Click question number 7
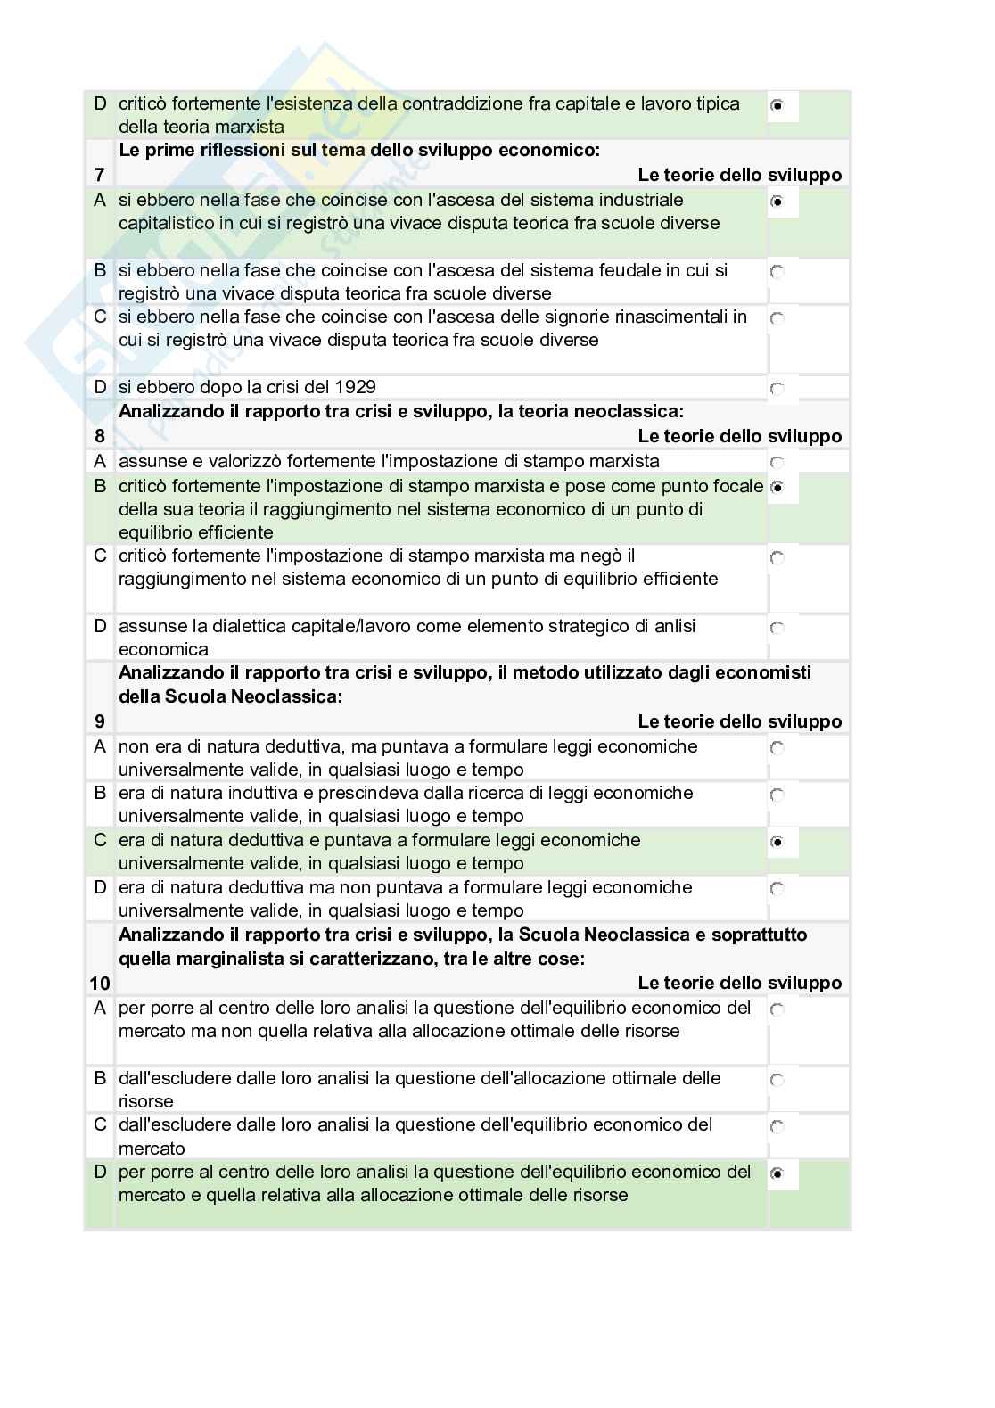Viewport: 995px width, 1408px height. [x=99, y=175]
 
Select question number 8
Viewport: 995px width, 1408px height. [x=99, y=436]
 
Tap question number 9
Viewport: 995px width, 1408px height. [x=99, y=721]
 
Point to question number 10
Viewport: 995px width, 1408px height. [x=99, y=983]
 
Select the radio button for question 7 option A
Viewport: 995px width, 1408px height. [x=777, y=202]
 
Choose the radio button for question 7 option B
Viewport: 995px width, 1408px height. [x=777, y=271]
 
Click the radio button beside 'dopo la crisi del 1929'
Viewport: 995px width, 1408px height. [x=777, y=389]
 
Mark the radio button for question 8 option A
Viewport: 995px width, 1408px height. [x=777, y=463]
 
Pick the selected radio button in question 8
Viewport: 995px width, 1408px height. [x=777, y=488]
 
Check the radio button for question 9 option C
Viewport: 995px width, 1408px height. [x=777, y=842]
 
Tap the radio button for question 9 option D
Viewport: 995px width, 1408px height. [x=777, y=889]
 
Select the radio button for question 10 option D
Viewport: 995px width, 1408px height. [x=777, y=1174]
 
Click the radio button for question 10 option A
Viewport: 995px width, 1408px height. [x=777, y=1010]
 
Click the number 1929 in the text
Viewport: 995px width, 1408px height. [x=355, y=387]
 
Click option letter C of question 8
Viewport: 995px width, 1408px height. [x=100, y=556]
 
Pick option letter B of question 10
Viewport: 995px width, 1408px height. [x=100, y=1078]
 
